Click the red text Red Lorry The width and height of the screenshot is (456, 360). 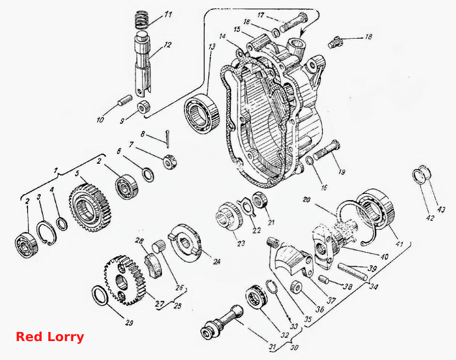50,337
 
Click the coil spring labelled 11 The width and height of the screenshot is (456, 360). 142,20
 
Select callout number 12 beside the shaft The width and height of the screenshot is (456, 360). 167,45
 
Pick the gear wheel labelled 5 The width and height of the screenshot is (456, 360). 90,207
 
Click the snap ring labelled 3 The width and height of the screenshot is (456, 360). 46,233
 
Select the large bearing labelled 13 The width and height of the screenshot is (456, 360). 201,113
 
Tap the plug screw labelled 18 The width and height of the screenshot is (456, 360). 336,42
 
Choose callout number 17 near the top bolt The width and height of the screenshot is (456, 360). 260,15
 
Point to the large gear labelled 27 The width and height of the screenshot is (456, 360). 124,280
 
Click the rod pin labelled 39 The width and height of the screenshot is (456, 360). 352,271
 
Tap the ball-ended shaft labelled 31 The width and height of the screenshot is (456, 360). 223,322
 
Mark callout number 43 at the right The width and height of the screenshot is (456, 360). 441,209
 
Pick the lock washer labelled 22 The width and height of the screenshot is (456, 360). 246,206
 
